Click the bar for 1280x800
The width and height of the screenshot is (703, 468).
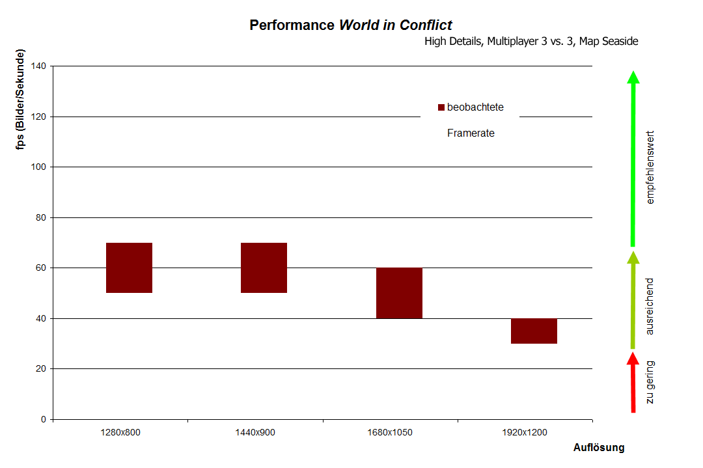click(129, 268)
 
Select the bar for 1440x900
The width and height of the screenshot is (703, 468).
click(264, 268)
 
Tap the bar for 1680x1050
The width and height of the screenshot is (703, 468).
click(399, 293)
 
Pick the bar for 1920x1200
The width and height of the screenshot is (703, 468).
click(534, 331)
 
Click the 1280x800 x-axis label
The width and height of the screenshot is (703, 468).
click(120, 432)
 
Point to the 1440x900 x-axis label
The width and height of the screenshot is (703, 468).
click(255, 432)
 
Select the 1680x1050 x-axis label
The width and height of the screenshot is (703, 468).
click(390, 432)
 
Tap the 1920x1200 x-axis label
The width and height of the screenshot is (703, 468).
click(525, 432)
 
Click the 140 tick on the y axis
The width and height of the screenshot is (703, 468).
click(38, 66)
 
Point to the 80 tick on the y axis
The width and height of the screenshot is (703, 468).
click(40, 217)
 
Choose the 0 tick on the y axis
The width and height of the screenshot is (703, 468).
click(43, 419)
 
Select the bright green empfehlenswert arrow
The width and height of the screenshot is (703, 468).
click(633, 159)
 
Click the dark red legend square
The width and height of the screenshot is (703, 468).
click(441, 107)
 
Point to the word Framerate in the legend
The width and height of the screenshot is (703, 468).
click(471, 133)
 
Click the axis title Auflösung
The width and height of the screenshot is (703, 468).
click(599, 448)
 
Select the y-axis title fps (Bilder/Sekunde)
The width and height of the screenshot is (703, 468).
click(22, 100)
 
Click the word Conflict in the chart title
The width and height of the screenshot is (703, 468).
click(426, 25)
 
